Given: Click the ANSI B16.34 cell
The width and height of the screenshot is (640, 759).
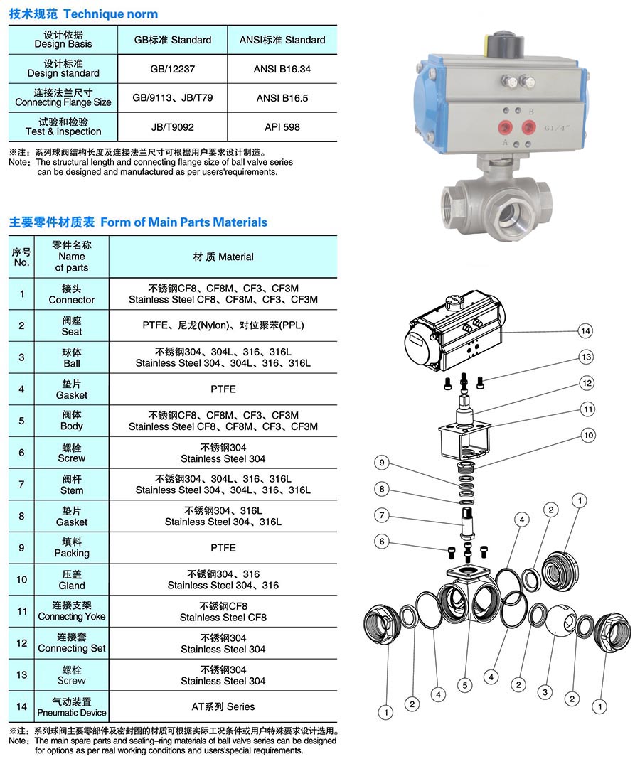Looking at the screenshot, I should click(282, 70).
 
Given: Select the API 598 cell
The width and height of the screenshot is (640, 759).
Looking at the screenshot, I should click(282, 127).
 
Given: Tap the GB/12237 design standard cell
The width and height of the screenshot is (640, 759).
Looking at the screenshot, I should click(173, 70).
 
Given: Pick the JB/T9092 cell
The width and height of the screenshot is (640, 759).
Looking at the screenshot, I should click(173, 127).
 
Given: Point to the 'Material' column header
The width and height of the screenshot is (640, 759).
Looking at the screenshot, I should click(223, 257).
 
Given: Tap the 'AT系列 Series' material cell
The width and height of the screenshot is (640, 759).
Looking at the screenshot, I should click(223, 706).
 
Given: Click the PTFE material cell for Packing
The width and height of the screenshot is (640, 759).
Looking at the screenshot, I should click(223, 548).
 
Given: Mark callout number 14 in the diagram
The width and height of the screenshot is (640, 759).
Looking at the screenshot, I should click(585, 330).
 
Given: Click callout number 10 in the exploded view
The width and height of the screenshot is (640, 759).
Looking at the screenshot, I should click(588, 435).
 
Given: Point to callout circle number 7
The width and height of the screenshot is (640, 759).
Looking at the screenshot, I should click(382, 515).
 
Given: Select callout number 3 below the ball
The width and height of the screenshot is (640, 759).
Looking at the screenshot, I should click(545, 692).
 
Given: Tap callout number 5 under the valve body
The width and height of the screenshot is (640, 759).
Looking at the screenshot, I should click(464, 686).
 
